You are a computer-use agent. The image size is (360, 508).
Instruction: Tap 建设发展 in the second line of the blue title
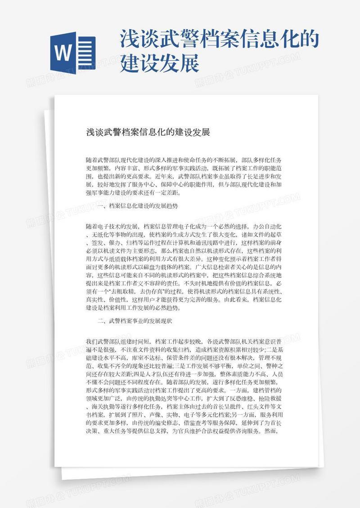pyautogui.click(x=159, y=63)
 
